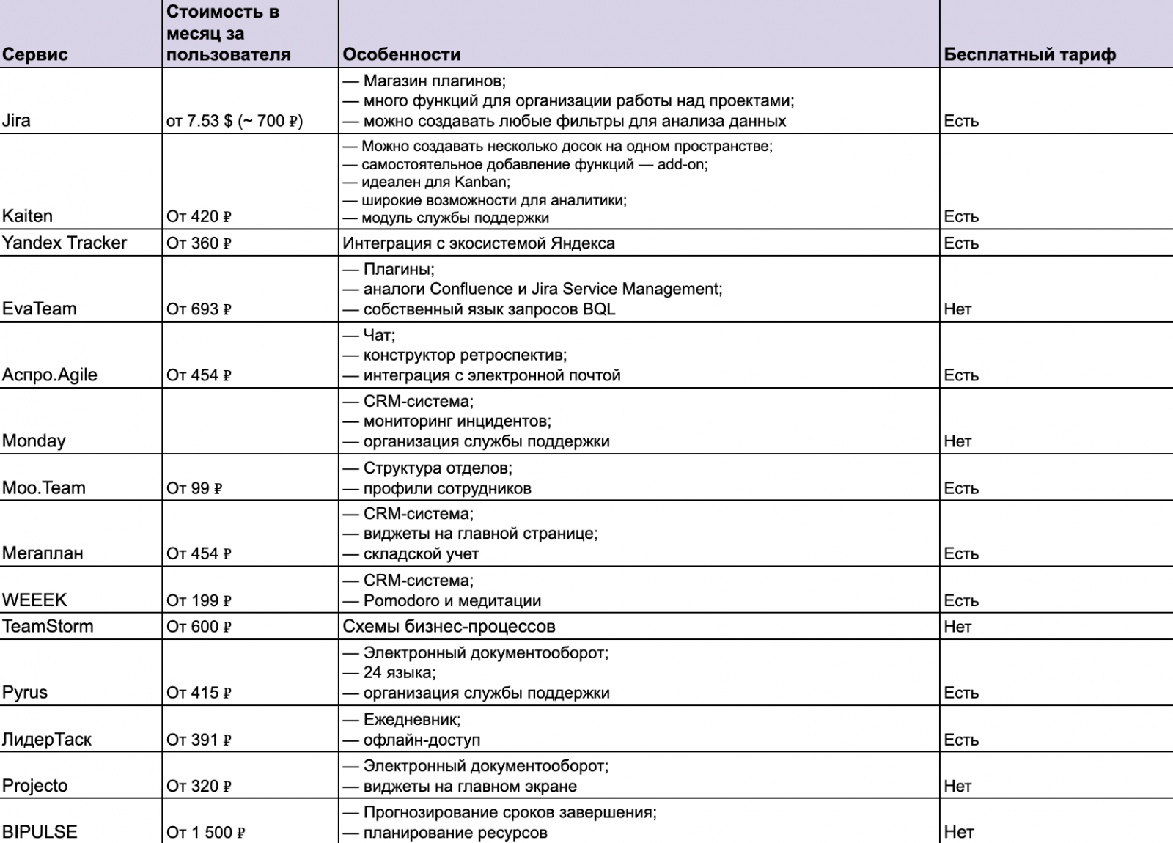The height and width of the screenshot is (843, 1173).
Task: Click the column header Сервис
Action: [x=35, y=54]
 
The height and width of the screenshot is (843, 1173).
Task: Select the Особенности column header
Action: [x=402, y=54]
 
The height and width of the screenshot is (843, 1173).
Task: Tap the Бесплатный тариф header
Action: [x=1029, y=54]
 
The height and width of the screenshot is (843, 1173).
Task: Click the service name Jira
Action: [x=17, y=121]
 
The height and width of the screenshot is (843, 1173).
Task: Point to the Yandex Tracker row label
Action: [x=65, y=243]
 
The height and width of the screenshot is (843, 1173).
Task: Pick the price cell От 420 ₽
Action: [x=199, y=216]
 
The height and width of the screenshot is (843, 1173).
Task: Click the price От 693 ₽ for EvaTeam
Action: [x=199, y=309]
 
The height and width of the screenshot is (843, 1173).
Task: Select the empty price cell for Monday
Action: [x=249, y=421]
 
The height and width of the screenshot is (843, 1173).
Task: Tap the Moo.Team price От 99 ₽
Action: [x=194, y=488]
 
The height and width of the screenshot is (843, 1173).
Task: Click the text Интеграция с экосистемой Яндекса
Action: [x=479, y=243]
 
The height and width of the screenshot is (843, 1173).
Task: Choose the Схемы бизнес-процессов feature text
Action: [x=449, y=627]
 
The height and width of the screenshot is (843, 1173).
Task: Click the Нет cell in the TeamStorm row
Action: [x=957, y=627]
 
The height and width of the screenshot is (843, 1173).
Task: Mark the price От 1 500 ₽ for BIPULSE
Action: [x=205, y=832]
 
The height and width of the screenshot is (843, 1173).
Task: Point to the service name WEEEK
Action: [x=34, y=600]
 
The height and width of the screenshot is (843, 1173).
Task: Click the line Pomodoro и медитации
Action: [x=452, y=600]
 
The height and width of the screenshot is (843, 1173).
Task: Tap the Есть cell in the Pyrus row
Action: [x=961, y=693]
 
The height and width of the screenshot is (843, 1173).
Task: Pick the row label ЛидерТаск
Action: [x=47, y=740]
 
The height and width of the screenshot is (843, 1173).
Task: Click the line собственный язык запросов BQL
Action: [x=489, y=309]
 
